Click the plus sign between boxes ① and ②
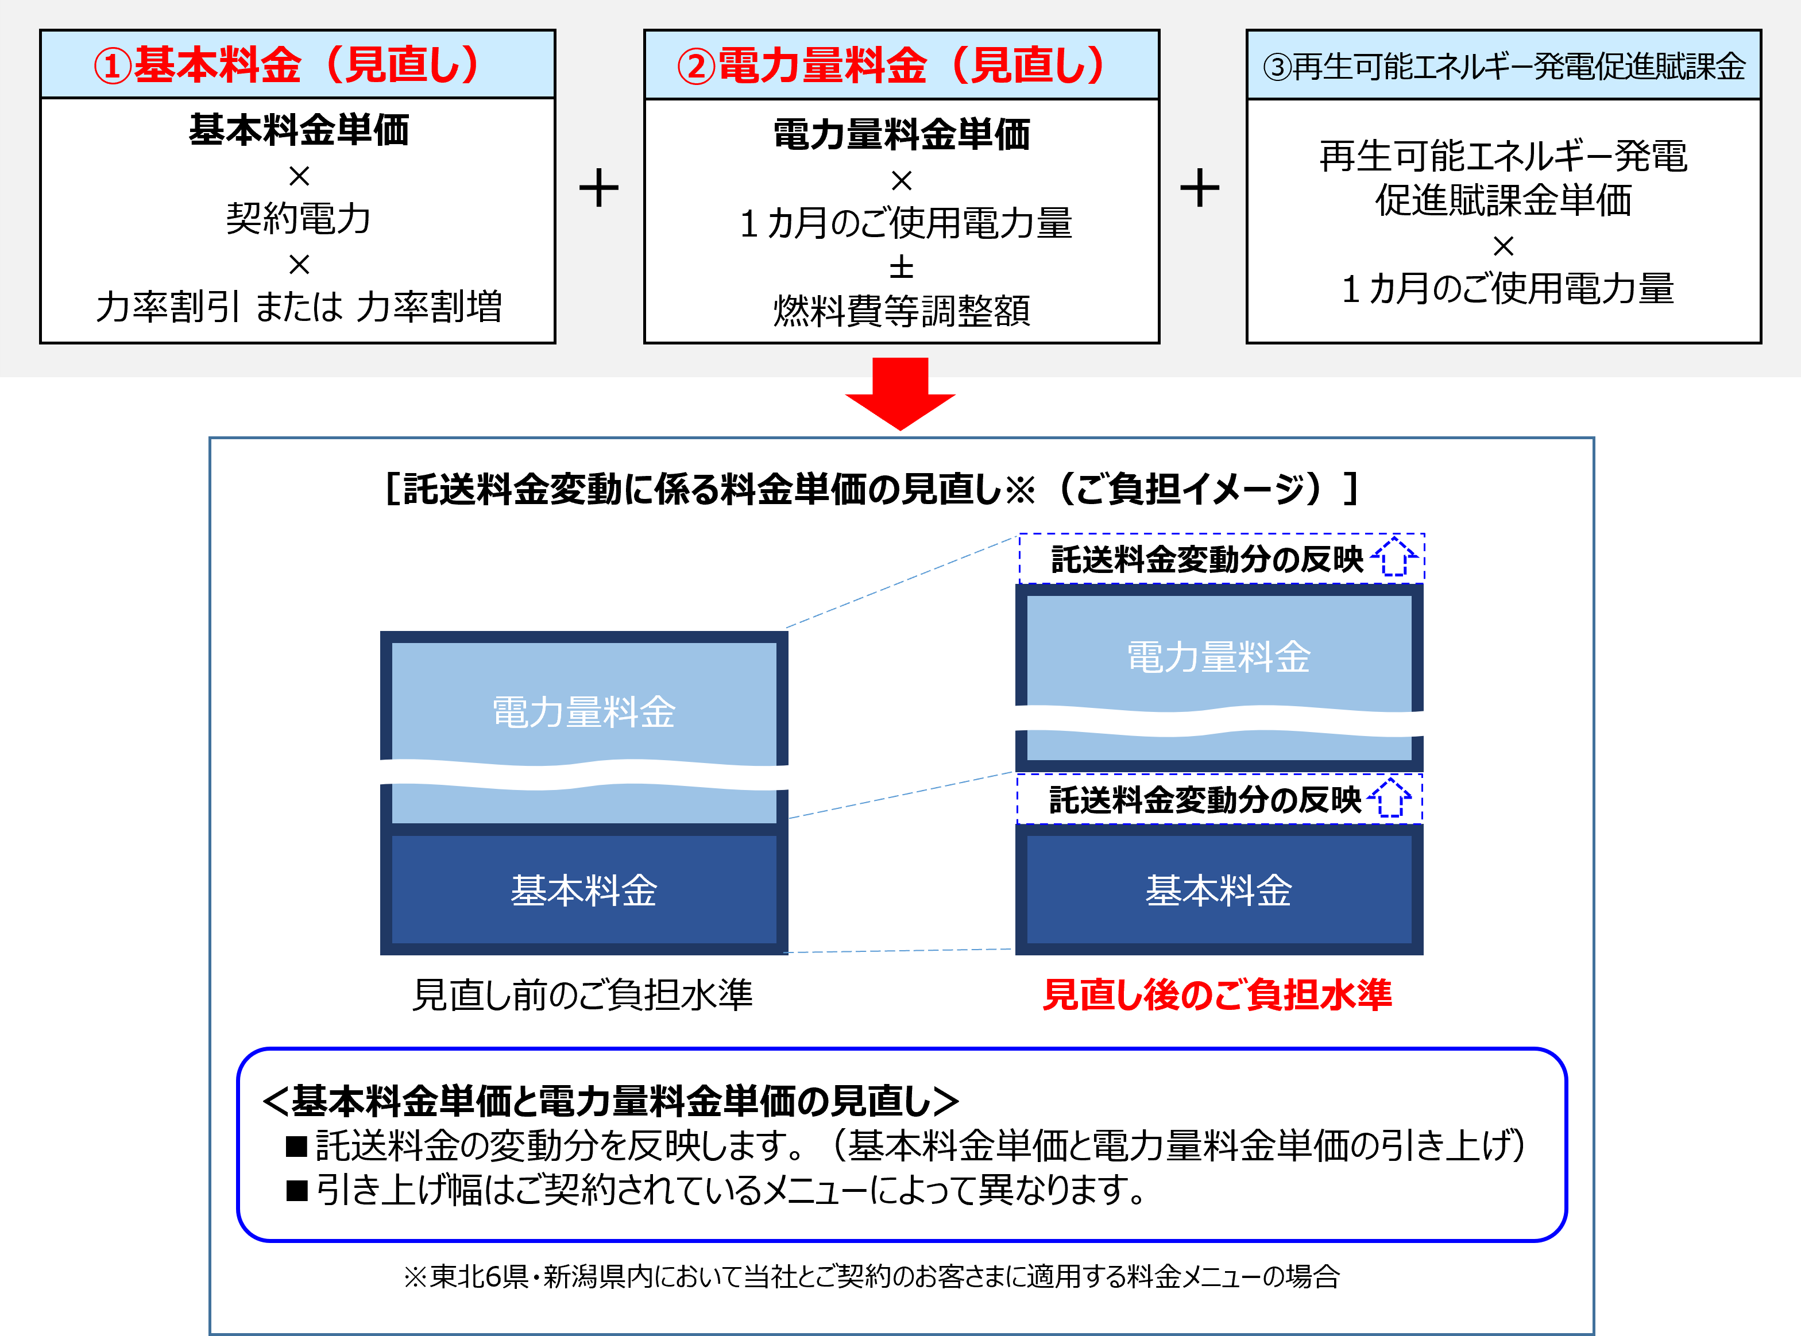pos(598,188)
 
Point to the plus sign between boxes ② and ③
pos(1199,188)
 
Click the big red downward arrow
pos(900,394)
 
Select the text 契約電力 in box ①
pos(299,218)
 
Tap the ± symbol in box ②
pos(901,267)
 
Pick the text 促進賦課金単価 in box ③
pos(1504,200)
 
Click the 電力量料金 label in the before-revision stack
pos(584,712)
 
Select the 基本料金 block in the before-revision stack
pos(584,889)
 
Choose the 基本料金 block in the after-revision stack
pos(1219,889)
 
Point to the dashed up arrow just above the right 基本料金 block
pos(1390,798)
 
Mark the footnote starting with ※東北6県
pos(871,1276)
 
